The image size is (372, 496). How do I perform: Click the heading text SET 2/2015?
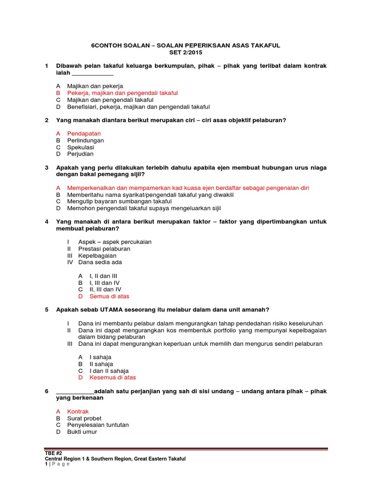click(186, 52)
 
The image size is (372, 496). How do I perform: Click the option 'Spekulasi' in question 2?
click(80, 147)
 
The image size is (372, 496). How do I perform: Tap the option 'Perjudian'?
click(80, 154)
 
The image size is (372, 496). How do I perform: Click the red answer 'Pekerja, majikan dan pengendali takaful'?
click(123, 93)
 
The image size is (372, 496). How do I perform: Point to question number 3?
click(46, 168)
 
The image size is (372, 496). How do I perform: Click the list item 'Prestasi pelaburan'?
click(104, 248)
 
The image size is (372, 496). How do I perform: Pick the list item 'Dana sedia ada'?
click(100, 262)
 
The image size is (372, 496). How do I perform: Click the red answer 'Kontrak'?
click(78, 411)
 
